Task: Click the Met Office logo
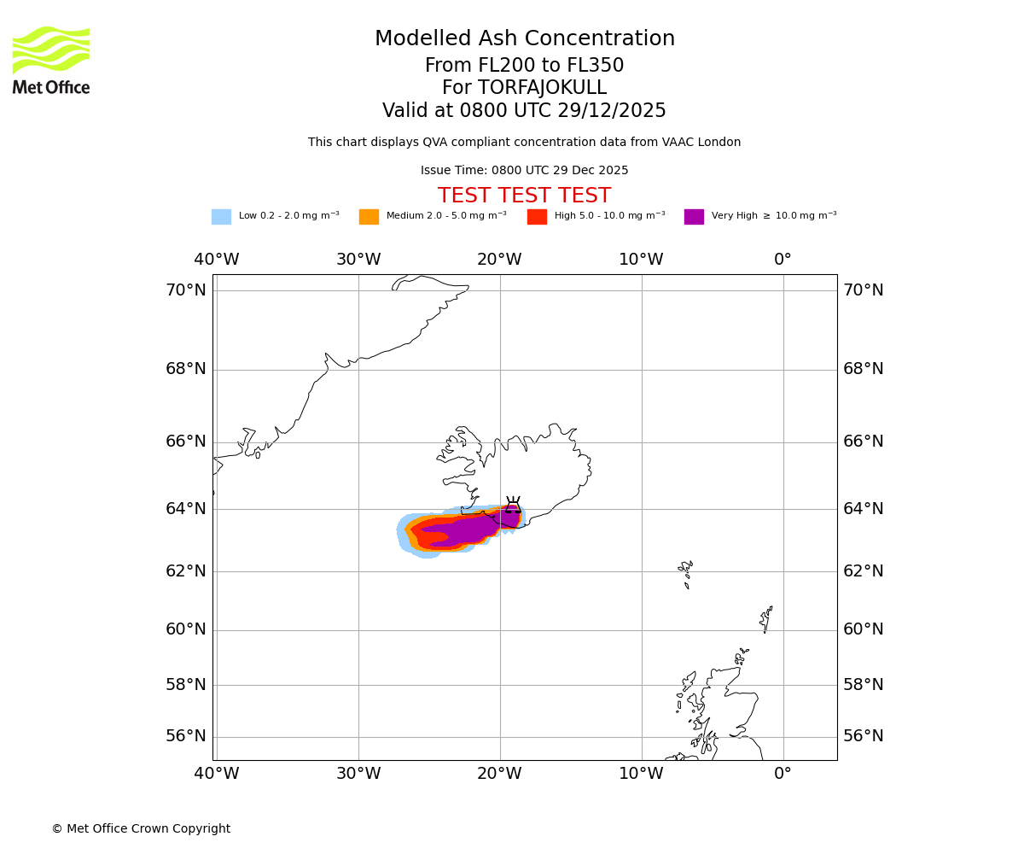51,60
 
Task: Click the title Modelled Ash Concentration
524,39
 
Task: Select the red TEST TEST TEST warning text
524,196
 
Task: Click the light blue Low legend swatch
221,217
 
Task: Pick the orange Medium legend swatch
369,217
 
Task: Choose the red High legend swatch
537,217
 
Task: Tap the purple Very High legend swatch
694,217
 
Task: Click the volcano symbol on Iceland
512,505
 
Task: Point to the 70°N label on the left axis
186,290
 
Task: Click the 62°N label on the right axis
863,571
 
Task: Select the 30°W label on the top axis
358,260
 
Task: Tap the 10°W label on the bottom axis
641,774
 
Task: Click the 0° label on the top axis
783,260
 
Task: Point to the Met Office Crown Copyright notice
141,829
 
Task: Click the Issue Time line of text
524,171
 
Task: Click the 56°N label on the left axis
186,736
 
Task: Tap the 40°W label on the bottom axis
217,774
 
